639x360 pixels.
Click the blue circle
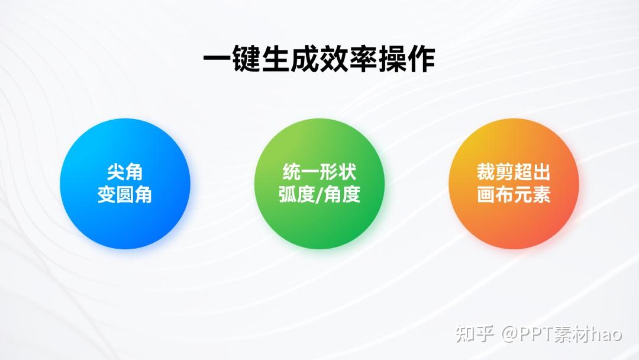125,184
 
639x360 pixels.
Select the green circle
319,184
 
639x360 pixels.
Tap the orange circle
514,184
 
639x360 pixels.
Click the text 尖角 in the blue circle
125,172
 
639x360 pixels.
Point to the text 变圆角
125,194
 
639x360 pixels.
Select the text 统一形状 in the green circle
319,172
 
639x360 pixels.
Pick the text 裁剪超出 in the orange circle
514,172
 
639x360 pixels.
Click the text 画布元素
514,194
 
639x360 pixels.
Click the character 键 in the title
247,59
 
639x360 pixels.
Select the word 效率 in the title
348,59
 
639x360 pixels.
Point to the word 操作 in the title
406,59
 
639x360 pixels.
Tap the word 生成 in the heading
290,59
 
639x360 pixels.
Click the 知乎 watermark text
475,333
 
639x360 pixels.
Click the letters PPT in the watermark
534,333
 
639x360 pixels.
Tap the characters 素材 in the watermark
570,333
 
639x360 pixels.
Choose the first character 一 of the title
218,59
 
